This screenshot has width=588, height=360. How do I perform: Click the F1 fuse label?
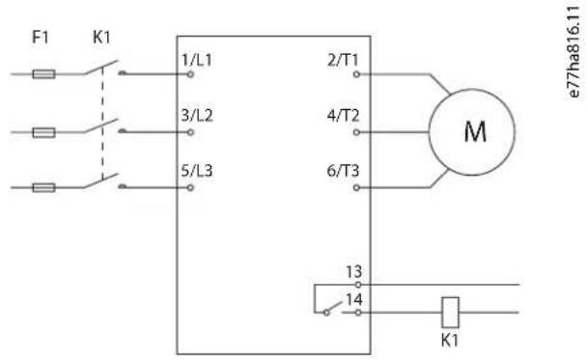click(x=41, y=38)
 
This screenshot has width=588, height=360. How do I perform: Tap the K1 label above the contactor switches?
click(x=101, y=38)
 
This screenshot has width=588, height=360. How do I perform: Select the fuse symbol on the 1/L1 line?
click(x=43, y=74)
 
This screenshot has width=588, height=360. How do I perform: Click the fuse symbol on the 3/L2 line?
click(x=43, y=132)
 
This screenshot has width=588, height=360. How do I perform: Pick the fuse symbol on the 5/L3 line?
click(x=43, y=187)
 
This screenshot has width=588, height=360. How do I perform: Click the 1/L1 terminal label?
click(x=197, y=60)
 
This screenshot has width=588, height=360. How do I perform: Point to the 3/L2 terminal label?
click(x=197, y=116)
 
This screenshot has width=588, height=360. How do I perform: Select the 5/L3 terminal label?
click(x=197, y=171)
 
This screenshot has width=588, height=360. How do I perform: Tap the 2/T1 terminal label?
click(x=343, y=60)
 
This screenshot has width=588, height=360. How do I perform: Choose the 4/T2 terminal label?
click(x=343, y=116)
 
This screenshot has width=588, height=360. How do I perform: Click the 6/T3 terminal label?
click(x=343, y=171)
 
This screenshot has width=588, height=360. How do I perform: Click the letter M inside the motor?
click(x=475, y=131)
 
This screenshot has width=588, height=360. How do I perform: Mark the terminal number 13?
click(x=353, y=272)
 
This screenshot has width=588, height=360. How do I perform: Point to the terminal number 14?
click(x=354, y=299)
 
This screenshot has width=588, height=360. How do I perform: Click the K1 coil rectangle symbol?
click(x=450, y=313)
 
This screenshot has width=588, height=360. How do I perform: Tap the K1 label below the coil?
click(x=450, y=340)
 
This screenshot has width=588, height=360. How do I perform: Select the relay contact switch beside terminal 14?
click(x=333, y=308)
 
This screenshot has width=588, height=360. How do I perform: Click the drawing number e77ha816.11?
click(x=574, y=52)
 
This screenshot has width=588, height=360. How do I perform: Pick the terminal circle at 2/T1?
click(x=356, y=74)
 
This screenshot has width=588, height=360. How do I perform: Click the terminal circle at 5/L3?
click(x=190, y=187)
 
